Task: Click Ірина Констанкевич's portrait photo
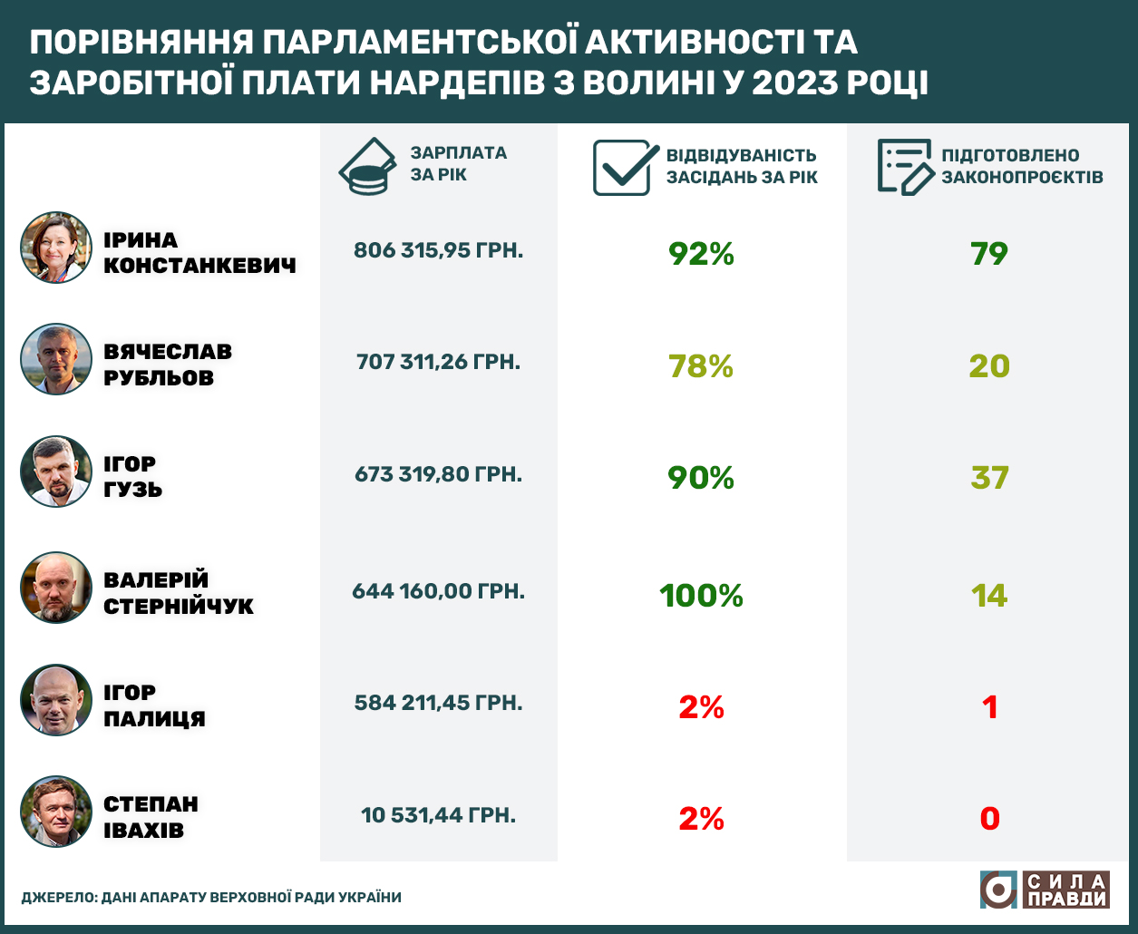click(x=56, y=248)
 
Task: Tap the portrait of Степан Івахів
click(x=56, y=812)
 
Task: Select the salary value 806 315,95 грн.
click(x=438, y=250)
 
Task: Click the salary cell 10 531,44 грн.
click(x=438, y=815)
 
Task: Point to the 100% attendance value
click(x=701, y=596)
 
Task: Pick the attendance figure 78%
click(x=701, y=366)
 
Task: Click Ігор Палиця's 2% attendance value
click(x=701, y=707)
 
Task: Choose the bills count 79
click(x=988, y=254)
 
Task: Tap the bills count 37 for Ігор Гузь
click(x=988, y=478)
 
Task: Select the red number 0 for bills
click(x=989, y=819)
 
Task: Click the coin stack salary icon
click(x=367, y=167)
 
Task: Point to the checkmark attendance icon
click(x=625, y=167)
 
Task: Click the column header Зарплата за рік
click(x=458, y=163)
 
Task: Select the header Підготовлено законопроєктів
click(x=1022, y=166)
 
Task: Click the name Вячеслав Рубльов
click(x=168, y=365)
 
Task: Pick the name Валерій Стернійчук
click(x=179, y=593)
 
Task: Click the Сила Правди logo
click(x=1044, y=890)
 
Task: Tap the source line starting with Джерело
click(x=210, y=898)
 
